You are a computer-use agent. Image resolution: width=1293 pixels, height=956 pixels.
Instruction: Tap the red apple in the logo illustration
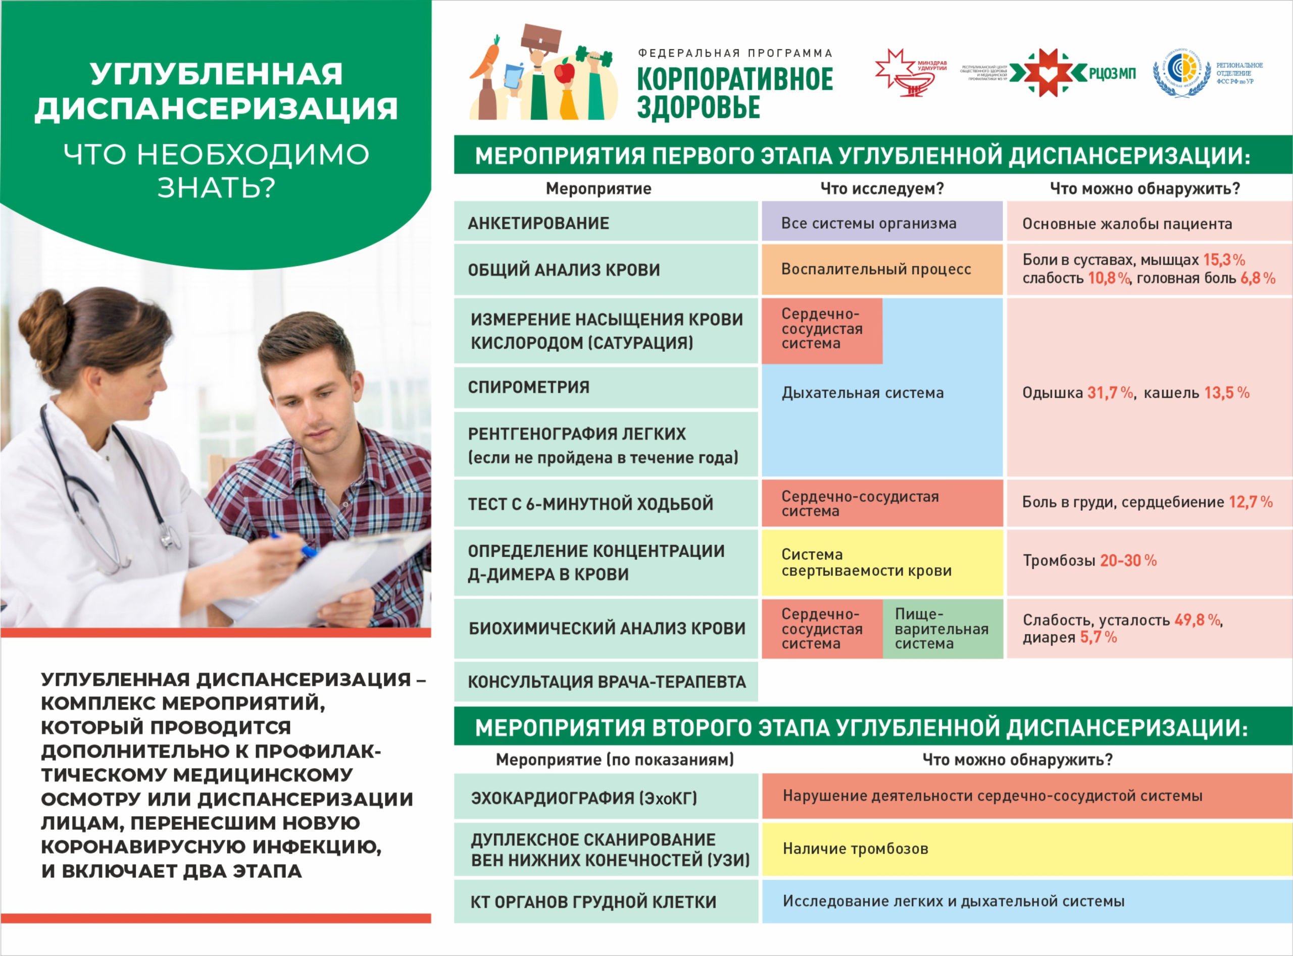click(x=564, y=72)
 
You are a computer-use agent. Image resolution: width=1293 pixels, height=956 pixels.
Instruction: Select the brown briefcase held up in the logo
click(x=541, y=38)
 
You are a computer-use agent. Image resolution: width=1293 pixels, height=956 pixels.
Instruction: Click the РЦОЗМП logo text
click(x=1112, y=74)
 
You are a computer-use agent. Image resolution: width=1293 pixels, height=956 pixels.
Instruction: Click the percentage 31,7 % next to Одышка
click(x=1110, y=393)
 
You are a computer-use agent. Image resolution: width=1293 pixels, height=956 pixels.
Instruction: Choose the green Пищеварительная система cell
click(x=942, y=628)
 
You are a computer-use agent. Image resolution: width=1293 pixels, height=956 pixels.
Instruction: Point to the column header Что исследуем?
click(x=882, y=189)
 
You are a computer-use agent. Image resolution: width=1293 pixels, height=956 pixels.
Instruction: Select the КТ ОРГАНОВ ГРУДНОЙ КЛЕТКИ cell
click(x=605, y=901)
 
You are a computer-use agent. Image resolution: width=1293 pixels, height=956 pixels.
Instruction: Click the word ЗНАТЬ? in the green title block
click(x=216, y=187)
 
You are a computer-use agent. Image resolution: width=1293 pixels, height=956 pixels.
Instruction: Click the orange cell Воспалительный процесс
click(x=881, y=270)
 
